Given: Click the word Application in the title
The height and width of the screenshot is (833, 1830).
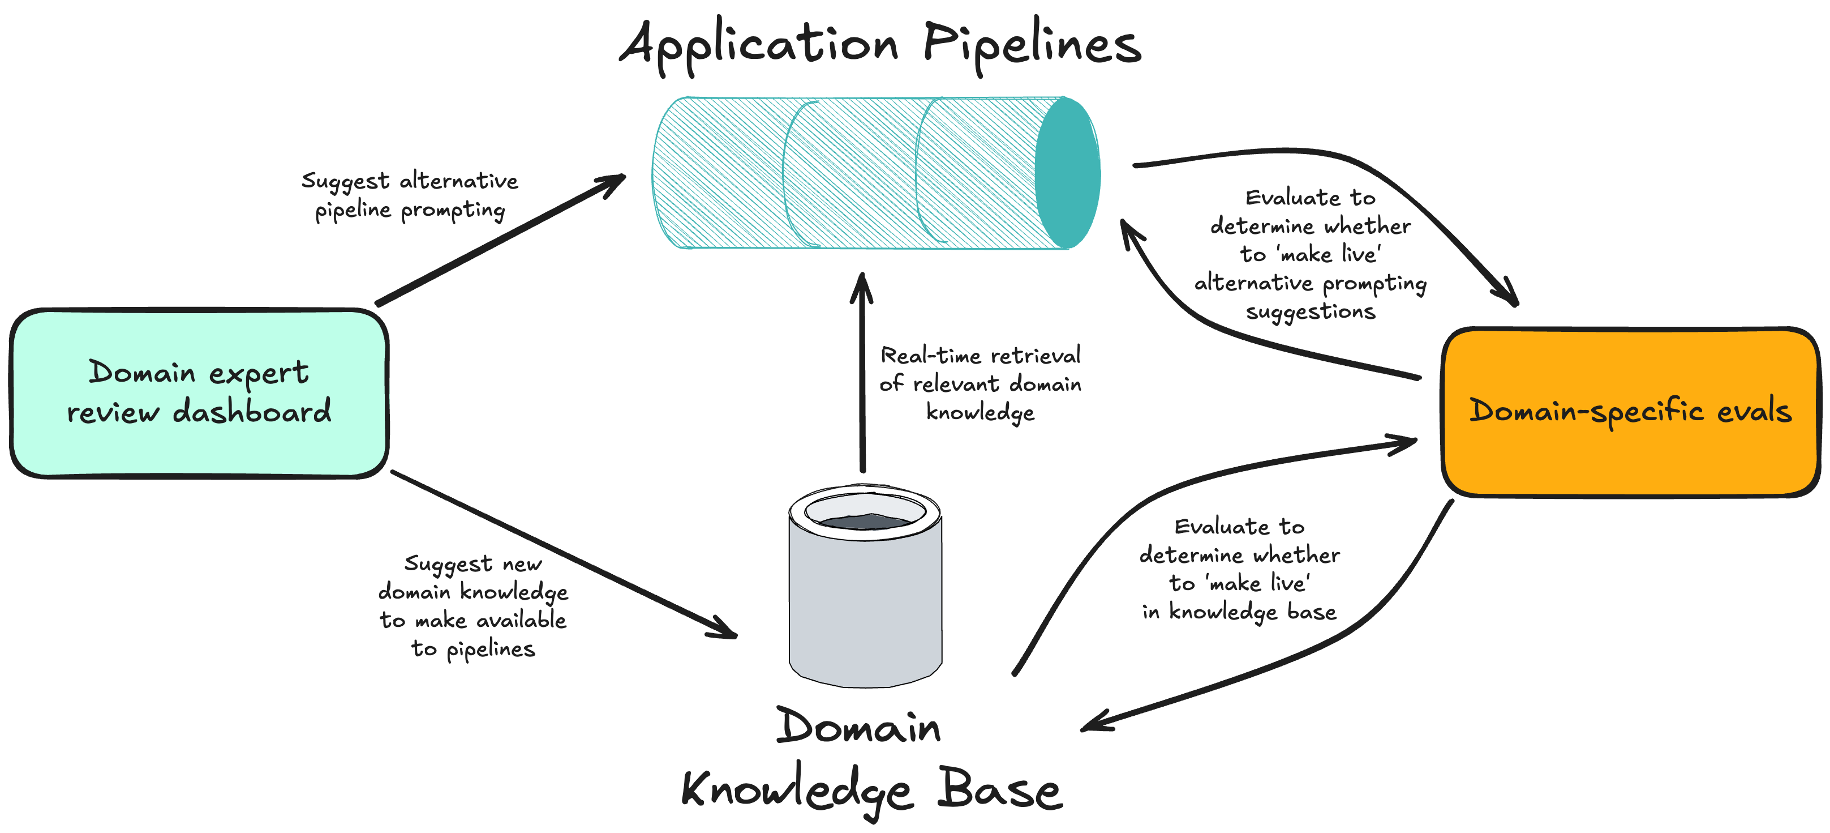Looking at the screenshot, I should pos(759,44).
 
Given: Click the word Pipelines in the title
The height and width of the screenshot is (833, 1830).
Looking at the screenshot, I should pos(1032,44).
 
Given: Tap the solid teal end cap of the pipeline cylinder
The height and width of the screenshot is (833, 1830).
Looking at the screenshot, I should pos(1067,173).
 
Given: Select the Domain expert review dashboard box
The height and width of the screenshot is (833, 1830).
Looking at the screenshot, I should pos(199,393).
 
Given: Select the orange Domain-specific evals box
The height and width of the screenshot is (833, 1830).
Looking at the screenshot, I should pos(1630,412).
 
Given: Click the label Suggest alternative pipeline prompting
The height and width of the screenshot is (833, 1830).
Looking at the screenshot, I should pos(410,195).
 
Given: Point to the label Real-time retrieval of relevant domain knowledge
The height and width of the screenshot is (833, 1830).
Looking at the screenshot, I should pos(980,384).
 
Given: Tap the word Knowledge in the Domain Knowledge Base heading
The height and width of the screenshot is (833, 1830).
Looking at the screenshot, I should pos(796,791).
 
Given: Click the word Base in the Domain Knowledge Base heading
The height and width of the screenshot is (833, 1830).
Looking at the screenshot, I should pos(999,789).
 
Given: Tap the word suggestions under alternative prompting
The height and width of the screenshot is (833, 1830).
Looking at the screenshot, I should pos(1310,312).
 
